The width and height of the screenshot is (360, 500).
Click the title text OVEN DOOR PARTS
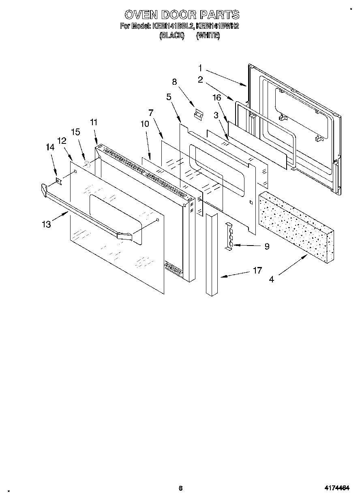pyautogui.click(x=182, y=15)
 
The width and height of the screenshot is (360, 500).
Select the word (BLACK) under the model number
pyautogui.click(x=172, y=36)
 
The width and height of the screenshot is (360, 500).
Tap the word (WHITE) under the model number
pyautogui.click(x=208, y=36)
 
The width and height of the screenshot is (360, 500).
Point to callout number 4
pyautogui.click(x=271, y=279)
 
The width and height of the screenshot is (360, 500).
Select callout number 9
pyautogui.click(x=266, y=246)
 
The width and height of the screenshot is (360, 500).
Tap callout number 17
pyautogui.click(x=257, y=270)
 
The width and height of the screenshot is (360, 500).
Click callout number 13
pyautogui.click(x=47, y=224)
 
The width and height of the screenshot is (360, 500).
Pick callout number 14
pyautogui.click(x=50, y=148)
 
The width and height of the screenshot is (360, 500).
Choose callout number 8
pyautogui.click(x=174, y=81)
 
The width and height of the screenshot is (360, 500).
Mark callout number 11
pyautogui.click(x=94, y=122)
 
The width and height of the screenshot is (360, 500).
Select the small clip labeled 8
pyautogui.click(x=199, y=115)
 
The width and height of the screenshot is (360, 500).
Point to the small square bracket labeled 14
pyautogui.click(x=59, y=180)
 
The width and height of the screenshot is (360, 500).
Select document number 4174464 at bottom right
pyautogui.click(x=336, y=488)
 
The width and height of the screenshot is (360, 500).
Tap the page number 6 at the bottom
pyautogui.click(x=180, y=488)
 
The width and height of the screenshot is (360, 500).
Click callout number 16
pyautogui.click(x=217, y=97)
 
